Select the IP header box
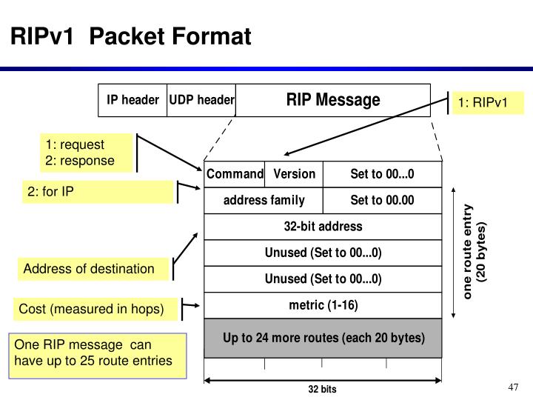coord(133,100)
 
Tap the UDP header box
coord(201,100)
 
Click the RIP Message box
coord(333,100)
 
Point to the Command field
coord(235,174)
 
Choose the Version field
coord(294,174)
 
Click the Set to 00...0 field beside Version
coord(382,174)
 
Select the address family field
coord(264,201)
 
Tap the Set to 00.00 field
coord(382,201)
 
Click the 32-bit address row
coord(323,227)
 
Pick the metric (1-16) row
coord(323,305)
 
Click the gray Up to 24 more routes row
coord(323,339)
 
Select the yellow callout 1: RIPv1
coord(487,102)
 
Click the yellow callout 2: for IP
coord(97,193)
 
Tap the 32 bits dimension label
coord(322,389)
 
